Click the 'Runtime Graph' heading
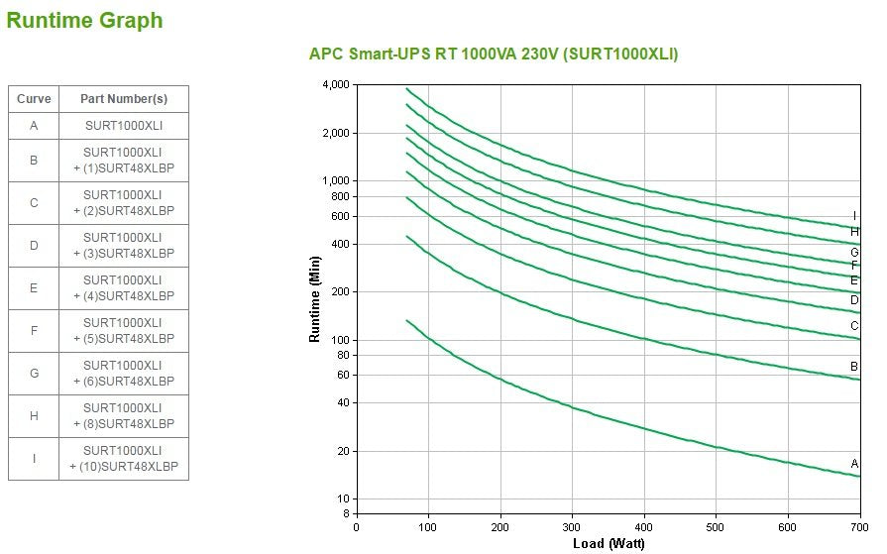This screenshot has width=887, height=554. [84, 21]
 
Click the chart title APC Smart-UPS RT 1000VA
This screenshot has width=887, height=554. [494, 55]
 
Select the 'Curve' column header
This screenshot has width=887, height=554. [34, 99]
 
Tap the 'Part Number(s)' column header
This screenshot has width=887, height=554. [124, 99]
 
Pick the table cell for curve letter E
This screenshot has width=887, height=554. [34, 288]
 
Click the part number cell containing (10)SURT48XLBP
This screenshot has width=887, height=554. [124, 459]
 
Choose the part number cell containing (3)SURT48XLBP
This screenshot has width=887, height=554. [124, 246]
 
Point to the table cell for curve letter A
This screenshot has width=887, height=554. [34, 126]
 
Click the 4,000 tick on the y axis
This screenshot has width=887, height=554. [337, 85]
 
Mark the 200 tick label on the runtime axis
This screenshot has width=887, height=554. [340, 292]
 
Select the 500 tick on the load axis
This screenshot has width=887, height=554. [717, 527]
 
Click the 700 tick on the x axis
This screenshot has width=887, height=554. [860, 527]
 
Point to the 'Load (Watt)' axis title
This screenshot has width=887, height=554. [609, 543]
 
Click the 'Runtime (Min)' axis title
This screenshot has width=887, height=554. [315, 299]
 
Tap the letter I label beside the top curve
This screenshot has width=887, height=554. [854, 216]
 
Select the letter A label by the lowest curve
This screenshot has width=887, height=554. [854, 464]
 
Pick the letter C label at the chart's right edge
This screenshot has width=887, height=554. [854, 326]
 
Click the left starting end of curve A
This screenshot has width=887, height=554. [407, 320]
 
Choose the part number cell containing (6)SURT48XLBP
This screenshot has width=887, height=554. [124, 374]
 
